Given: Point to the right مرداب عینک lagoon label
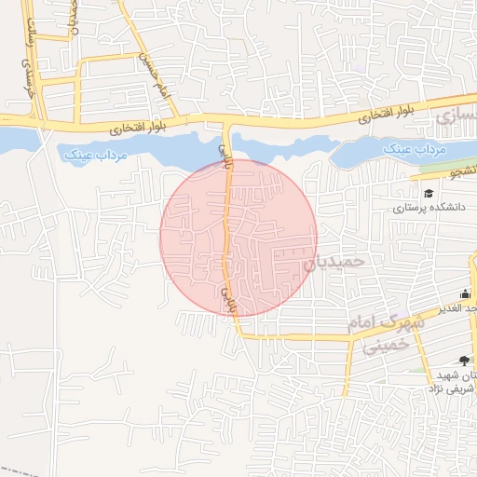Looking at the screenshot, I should [416, 149].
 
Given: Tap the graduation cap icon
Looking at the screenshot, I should [429, 194].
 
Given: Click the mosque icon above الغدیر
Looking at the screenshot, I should [466, 294].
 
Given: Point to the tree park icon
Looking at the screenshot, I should [465, 361].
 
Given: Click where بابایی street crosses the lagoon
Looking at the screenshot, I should [226, 144].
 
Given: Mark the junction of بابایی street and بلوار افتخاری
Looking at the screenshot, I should [225, 121].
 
